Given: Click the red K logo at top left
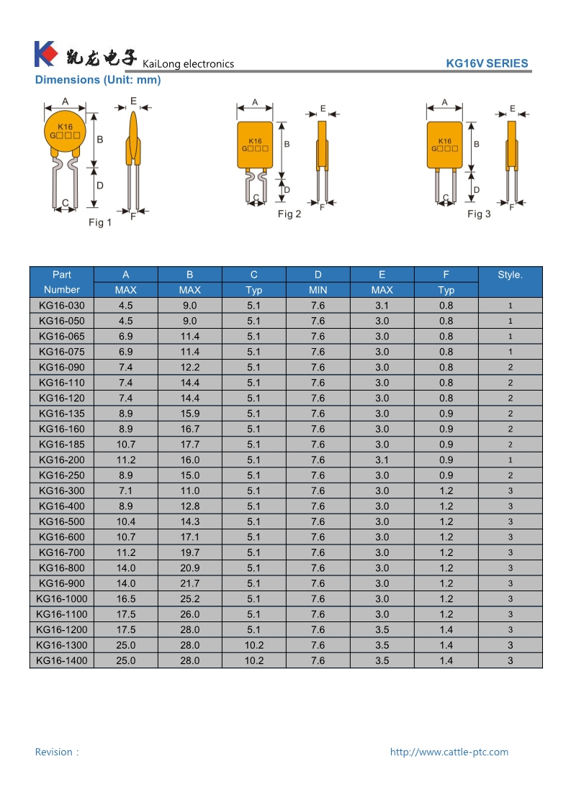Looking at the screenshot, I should coord(45,54).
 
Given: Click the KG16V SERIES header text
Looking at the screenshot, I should coord(487,63).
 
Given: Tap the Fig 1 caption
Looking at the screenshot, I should coord(100,223).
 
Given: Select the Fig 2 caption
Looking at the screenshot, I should coord(289,214).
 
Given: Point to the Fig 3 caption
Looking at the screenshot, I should coord(479,214).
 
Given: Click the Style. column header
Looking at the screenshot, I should coord(510,275).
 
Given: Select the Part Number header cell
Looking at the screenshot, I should coord(62,282).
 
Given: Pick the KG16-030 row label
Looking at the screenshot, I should coord(62,306).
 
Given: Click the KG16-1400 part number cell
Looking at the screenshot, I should coord(62,660).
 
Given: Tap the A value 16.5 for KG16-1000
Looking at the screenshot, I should coord(126,598).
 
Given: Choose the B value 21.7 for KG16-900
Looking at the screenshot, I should coord(190,583).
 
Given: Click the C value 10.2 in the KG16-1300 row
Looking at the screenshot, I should coord(254,645).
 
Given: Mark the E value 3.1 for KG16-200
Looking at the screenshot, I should coord(382,460).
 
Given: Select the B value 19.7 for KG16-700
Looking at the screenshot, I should coord(190,552).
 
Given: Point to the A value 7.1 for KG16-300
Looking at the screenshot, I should coord(126,491).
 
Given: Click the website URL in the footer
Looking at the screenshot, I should coord(449,752).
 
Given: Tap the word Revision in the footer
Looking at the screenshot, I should coord(54,752).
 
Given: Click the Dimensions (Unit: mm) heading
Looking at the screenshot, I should coord(98,80).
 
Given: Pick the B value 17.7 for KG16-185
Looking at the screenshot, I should coord(190,444).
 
